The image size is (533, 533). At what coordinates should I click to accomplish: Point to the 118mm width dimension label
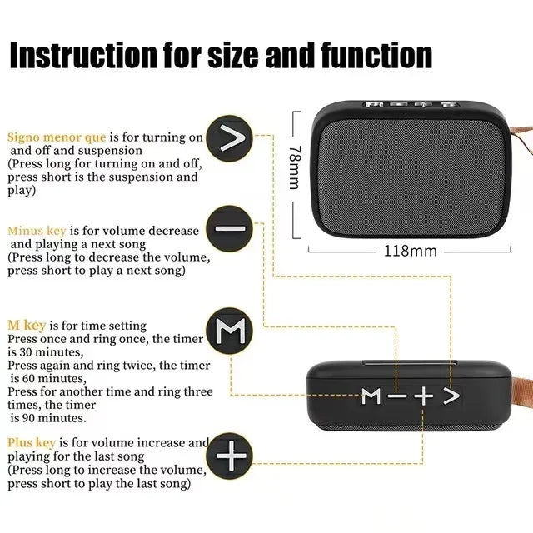click(x=409, y=251)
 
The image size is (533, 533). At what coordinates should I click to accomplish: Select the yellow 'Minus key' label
click(x=37, y=231)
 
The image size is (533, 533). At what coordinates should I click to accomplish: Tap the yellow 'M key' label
click(x=27, y=326)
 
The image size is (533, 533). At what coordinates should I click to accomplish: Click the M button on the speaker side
click(x=371, y=397)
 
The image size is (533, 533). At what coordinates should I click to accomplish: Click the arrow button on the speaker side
click(x=450, y=396)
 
